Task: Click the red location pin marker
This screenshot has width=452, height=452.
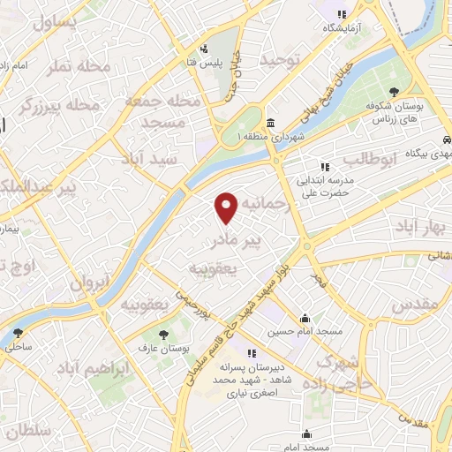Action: point(228,207)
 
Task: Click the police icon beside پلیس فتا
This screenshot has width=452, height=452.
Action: point(204,48)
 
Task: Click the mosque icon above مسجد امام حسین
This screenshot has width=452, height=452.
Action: point(305,318)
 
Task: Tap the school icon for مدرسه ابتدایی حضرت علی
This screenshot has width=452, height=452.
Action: point(324,165)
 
